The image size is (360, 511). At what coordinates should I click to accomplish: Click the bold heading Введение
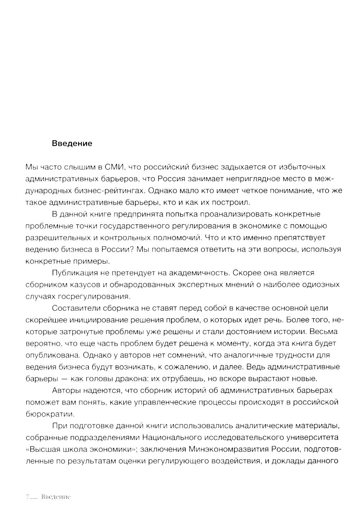tap(72, 143)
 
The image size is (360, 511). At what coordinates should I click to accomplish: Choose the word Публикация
tap(75, 273)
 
